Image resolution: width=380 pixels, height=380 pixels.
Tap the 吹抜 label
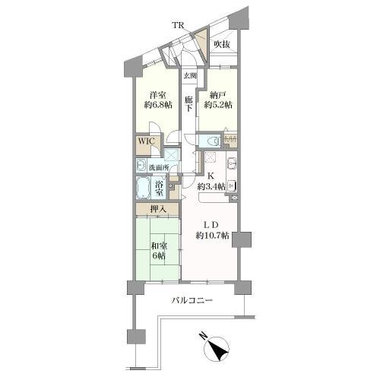coord(222,45)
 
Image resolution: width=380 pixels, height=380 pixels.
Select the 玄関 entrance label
coord(190,76)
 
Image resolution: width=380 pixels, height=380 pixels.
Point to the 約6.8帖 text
coord(158,105)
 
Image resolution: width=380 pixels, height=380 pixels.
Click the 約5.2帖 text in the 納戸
coord(218,105)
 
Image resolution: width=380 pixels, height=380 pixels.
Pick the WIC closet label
coord(146,141)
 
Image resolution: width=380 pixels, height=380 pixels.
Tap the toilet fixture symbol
coord(214,141)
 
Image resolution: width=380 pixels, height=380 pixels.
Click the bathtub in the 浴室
coord(144,188)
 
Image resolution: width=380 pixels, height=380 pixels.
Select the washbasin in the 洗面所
coord(141,166)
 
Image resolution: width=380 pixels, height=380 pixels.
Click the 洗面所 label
coord(159,168)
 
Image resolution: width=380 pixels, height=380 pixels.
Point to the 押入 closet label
coord(158,209)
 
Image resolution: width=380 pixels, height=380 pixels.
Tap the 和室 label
coord(159,245)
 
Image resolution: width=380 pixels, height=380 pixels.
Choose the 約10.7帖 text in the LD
coord(212,236)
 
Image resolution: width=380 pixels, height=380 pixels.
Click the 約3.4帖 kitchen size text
coord(211,187)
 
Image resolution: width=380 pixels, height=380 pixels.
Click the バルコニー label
coord(192,301)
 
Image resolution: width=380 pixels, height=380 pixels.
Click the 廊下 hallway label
coord(188,104)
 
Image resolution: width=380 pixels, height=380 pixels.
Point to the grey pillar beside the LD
coord(242,239)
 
